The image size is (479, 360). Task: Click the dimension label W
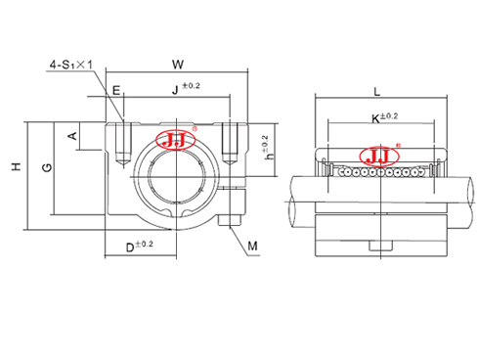click(176, 66)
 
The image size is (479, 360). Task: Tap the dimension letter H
click(15, 168)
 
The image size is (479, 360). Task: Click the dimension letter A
click(71, 135)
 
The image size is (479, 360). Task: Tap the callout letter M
click(253, 247)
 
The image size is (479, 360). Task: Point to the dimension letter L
click(377, 90)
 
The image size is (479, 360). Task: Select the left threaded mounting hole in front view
click(121, 142)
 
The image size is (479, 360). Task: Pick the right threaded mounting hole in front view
click(231, 142)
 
